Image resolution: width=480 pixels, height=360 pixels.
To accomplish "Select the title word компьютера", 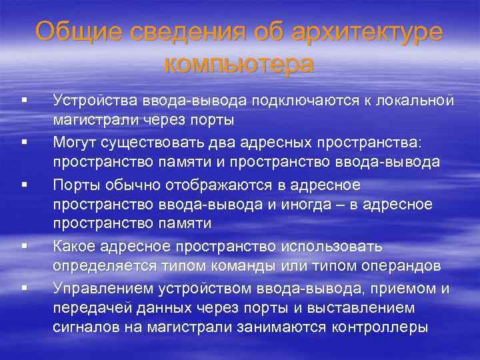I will [x=238, y=64].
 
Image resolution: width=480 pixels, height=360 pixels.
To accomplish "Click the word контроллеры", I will [x=379, y=327].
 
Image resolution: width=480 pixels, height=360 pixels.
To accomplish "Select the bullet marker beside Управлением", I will [x=23, y=289].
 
